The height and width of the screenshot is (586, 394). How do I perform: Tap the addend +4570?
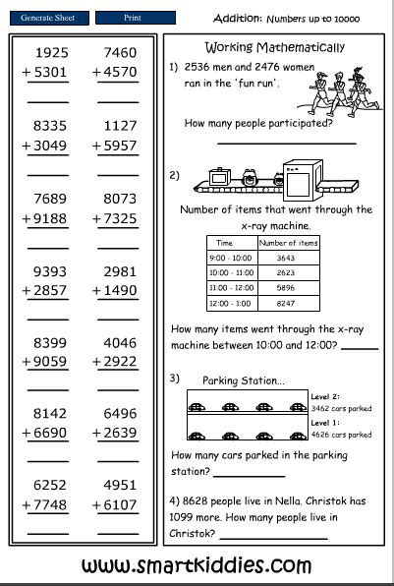coord(115,71)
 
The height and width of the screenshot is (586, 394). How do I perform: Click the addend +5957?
coord(115,146)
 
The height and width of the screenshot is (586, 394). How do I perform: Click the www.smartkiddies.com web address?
coord(197,565)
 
